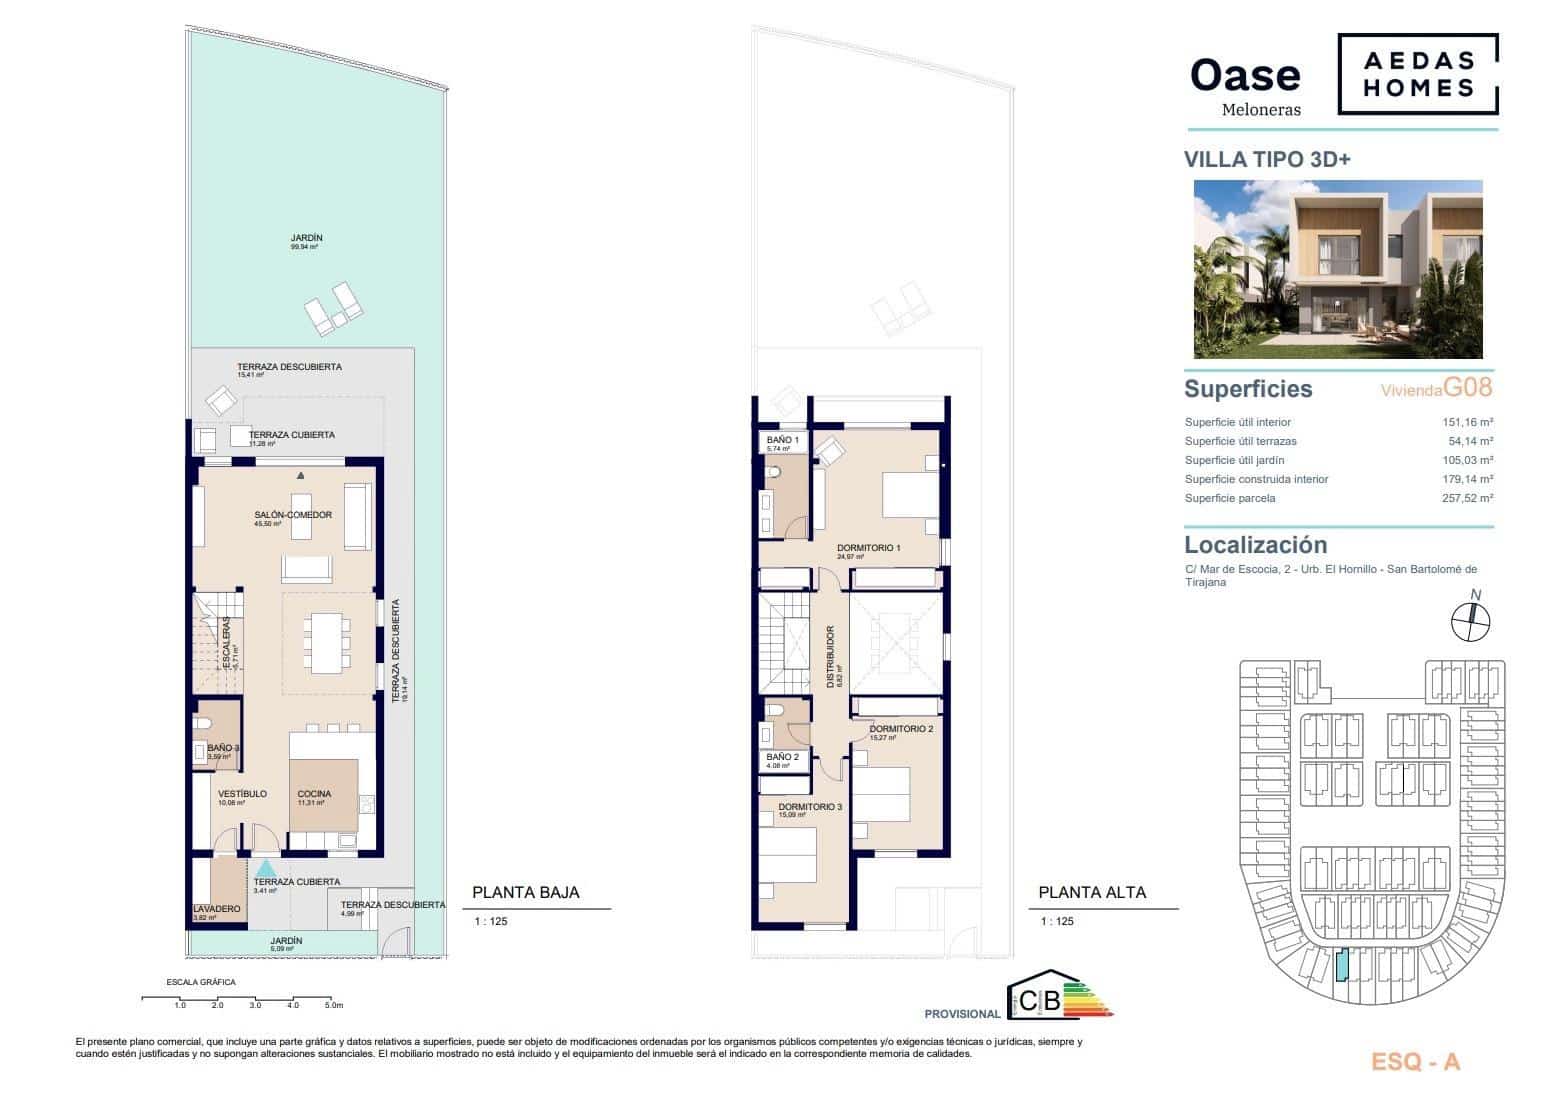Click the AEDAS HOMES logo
coord(1418,75)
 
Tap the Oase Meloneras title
coord(1245,86)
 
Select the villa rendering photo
coord(1338,269)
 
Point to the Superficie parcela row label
coord(1229,498)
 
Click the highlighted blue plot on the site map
coord(1343,965)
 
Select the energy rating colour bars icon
coord(1087,998)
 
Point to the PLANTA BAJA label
coord(525,893)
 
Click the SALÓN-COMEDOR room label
coord(292,515)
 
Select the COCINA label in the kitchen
coord(314,794)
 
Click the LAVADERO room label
coord(217,909)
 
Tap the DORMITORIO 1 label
coord(868,548)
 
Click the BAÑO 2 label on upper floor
coord(782,758)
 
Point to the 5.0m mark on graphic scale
coord(334,1005)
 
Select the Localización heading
coord(1255,545)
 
